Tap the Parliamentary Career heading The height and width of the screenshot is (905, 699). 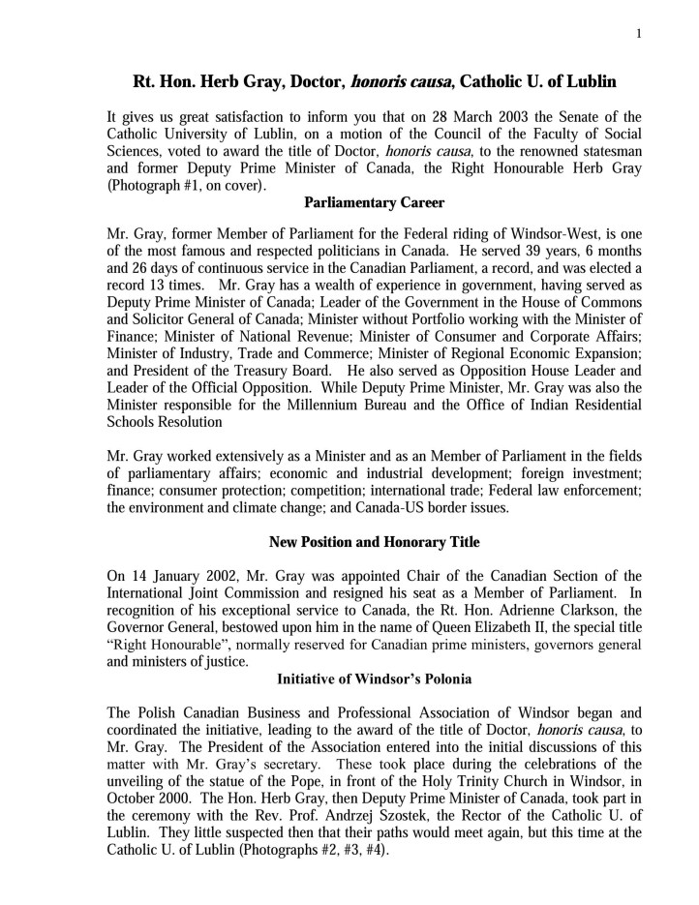click(374, 204)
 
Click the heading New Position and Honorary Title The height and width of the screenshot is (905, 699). click(374, 540)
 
